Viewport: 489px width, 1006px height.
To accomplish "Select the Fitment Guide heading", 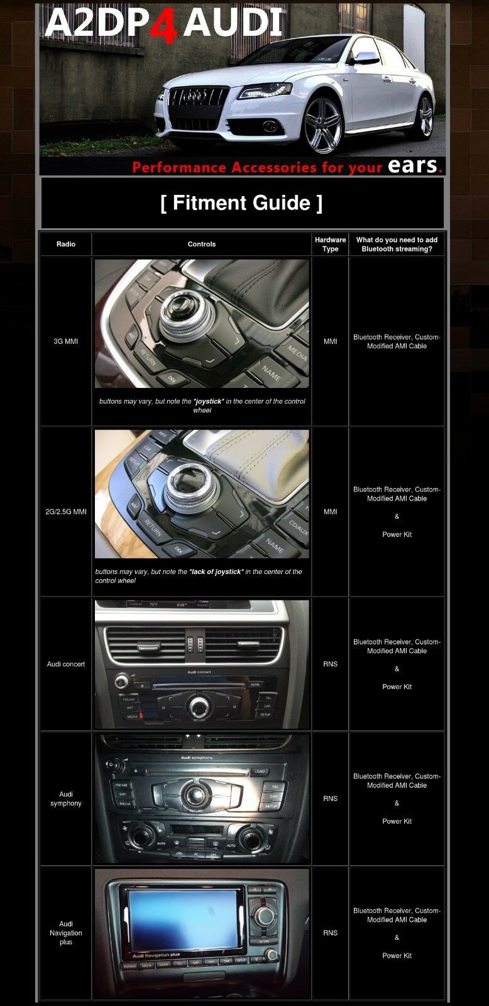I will [242, 203].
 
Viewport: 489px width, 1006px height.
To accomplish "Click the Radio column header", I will [66, 244].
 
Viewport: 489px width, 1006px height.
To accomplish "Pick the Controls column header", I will [202, 244].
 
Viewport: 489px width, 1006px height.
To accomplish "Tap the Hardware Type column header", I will [330, 244].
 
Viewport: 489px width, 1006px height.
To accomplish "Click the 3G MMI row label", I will [66, 341].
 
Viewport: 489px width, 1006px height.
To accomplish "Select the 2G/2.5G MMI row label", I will [66, 512].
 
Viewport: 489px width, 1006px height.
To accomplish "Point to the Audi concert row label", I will [66, 664].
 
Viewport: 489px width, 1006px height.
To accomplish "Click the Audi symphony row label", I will [66, 799].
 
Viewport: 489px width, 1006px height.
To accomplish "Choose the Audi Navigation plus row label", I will [66, 933].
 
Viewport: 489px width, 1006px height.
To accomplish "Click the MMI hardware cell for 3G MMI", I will [330, 341].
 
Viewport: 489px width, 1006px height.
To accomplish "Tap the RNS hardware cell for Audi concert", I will [330, 664].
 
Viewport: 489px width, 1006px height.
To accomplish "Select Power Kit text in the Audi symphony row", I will [397, 821].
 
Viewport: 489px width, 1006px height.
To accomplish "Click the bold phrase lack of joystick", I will [216, 572].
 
